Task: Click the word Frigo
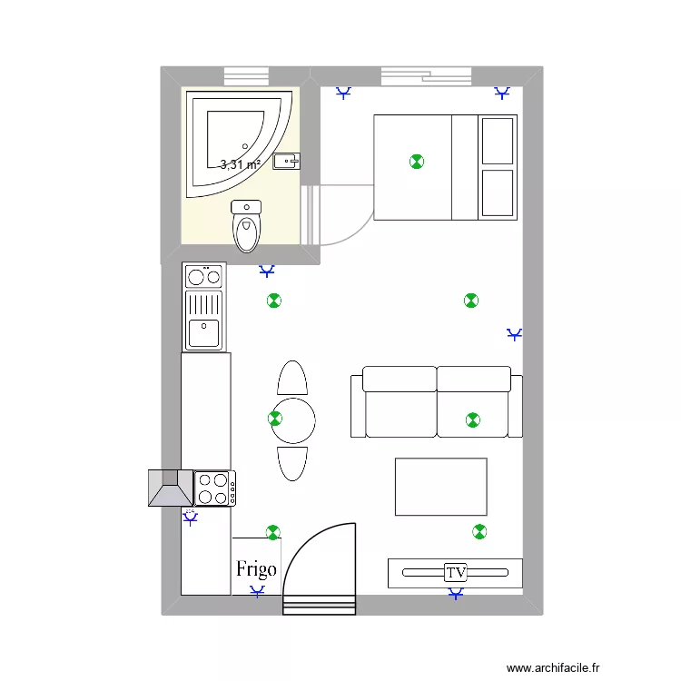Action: (x=256, y=569)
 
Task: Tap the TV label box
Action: (x=455, y=573)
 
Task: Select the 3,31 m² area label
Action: (x=241, y=164)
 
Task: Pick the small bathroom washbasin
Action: (x=287, y=162)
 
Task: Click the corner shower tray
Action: (x=235, y=141)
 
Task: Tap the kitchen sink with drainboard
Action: (x=203, y=320)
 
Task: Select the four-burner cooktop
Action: (x=215, y=489)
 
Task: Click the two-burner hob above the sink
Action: (x=203, y=275)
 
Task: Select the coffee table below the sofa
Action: (x=440, y=487)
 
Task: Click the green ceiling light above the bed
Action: (x=416, y=162)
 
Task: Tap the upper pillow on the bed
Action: (x=497, y=140)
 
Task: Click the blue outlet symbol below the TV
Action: (x=455, y=594)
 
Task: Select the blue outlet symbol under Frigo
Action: (x=258, y=592)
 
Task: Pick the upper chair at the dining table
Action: (x=292, y=378)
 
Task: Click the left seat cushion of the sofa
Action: (x=400, y=402)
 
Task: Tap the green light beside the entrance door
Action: (x=272, y=530)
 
